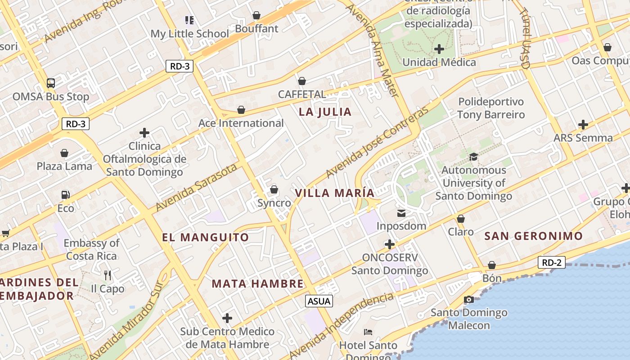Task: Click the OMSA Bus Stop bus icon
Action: pos(51,83)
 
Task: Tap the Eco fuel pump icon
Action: pos(66,195)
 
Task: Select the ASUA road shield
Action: pos(319,301)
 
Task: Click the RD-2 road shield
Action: pos(551,263)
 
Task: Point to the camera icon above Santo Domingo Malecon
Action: pos(468,299)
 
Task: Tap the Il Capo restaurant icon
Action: pos(107,275)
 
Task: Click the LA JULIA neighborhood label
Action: pos(325,112)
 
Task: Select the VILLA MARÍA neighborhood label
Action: pos(334,193)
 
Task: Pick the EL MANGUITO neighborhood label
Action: pos(205,237)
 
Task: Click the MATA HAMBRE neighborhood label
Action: pos(258,283)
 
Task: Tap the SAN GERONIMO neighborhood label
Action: pos(533,236)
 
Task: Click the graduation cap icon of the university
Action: pos(473,157)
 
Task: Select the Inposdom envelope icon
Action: pos(401,213)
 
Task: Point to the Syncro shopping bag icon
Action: pos(274,190)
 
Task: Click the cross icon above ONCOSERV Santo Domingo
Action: pos(390,244)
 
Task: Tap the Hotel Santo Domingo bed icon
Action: pos(368,332)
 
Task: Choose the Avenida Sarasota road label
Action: pos(196,187)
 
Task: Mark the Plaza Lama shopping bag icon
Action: pos(64,153)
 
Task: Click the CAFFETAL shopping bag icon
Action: pos(302,81)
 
